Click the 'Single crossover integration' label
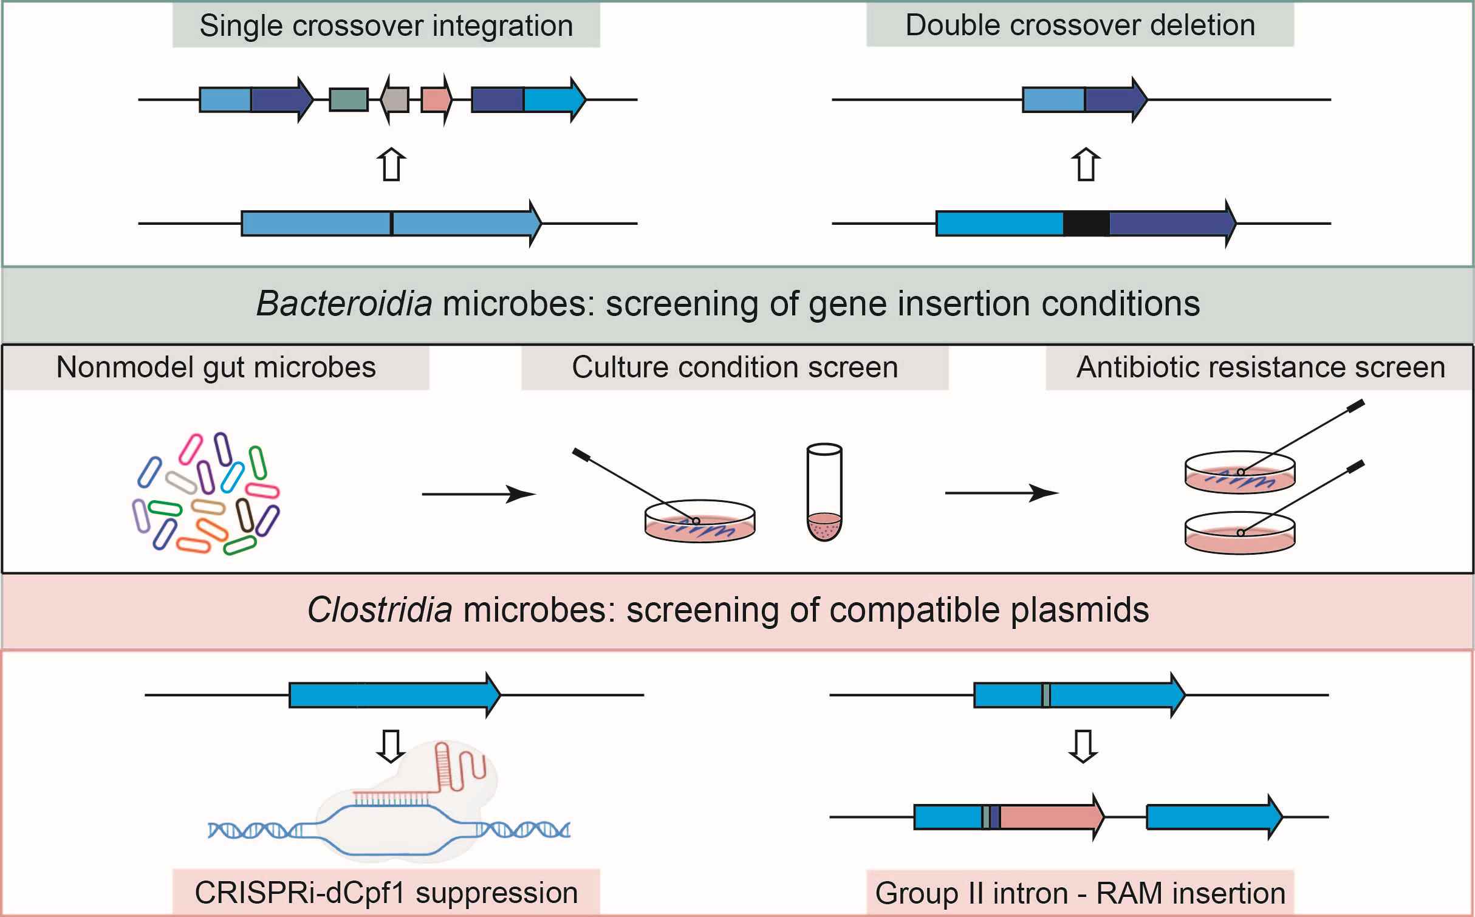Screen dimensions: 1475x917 click(x=386, y=26)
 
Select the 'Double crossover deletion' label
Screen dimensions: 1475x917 click(x=1080, y=26)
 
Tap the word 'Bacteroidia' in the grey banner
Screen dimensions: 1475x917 click(x=344, y=304)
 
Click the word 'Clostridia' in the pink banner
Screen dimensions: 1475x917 click(x=380, y=610)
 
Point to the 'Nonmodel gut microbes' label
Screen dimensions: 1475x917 click(x=216, y=368)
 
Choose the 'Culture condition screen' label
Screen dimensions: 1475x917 click(x=735, y=368)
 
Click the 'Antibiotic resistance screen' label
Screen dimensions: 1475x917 click(x=1261, y=368)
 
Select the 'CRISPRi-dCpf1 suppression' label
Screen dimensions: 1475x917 click(x=386, y=893)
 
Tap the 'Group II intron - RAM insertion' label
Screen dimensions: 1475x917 click(x=1080, y=893)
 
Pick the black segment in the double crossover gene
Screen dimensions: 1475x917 click(x=1086, y=224)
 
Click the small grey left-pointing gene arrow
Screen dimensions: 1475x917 click(x=395, y=100)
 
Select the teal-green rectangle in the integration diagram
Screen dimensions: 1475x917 click(x=349, y=100)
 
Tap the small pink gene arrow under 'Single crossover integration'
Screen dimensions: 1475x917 click(x=437, y=100)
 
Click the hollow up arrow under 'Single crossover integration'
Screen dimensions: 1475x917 click(x=391, y=165)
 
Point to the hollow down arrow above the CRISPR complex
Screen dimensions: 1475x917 click(x=391, y=746)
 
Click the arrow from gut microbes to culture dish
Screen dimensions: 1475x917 click(x=479, y=494)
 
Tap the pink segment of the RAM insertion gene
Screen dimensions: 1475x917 click(x=1052, y=817)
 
